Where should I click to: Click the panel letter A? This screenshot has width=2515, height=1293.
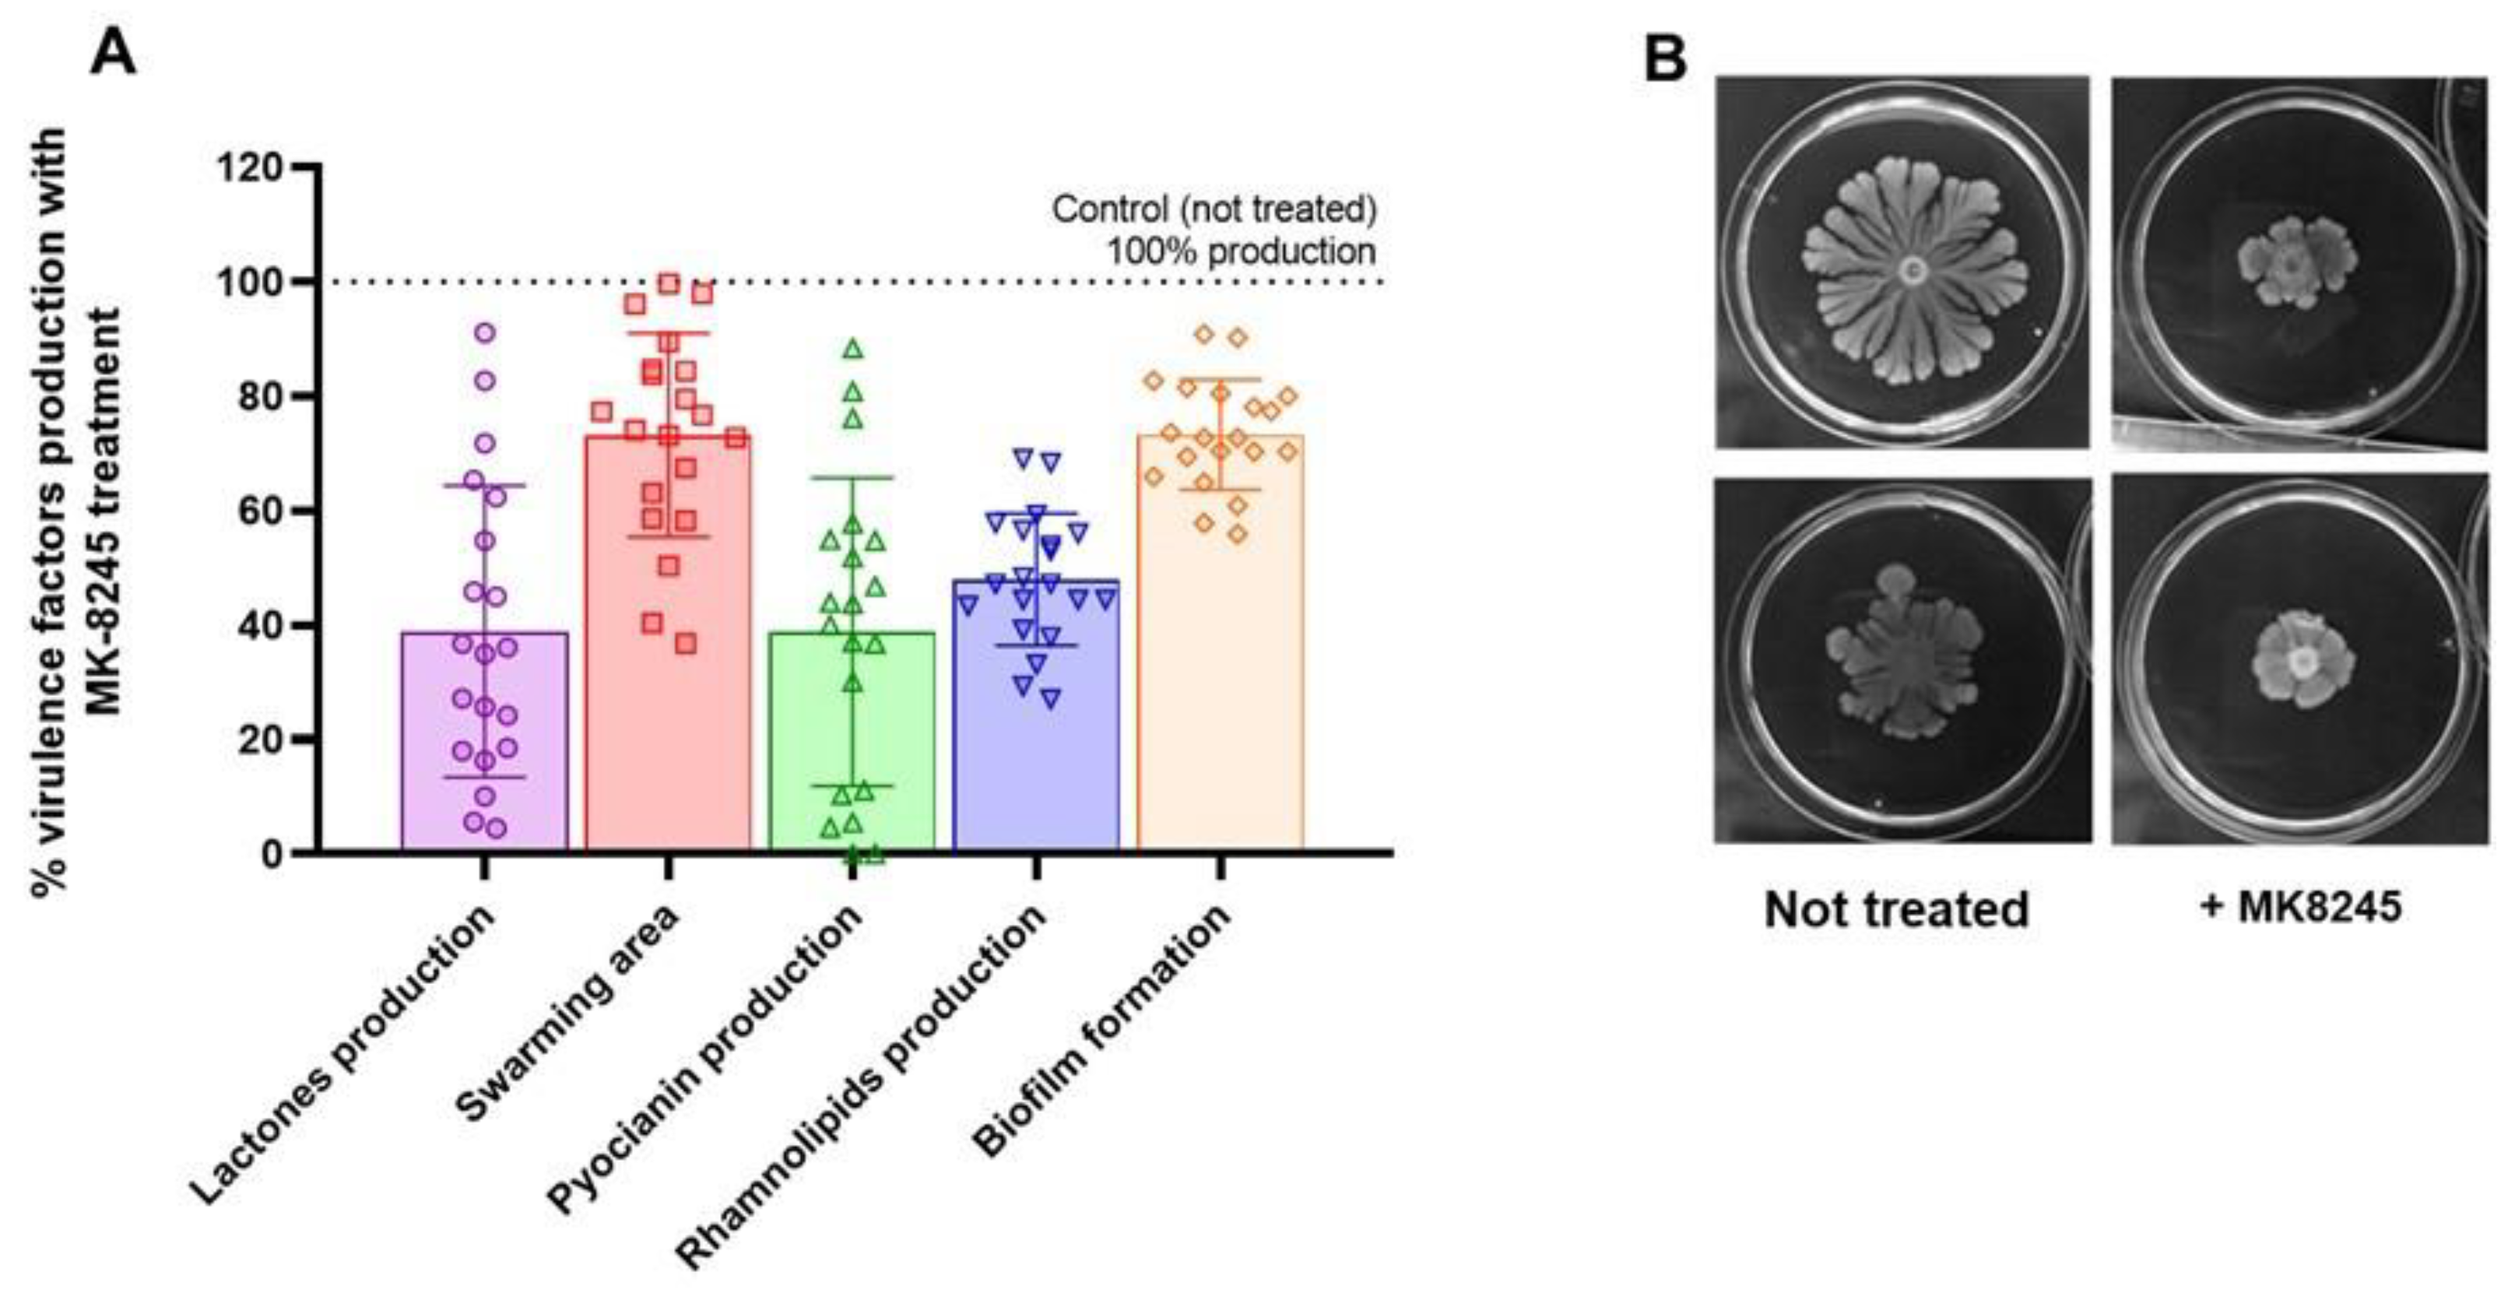112,53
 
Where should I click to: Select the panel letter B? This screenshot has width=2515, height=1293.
1665,58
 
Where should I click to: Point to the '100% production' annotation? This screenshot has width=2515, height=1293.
1240,252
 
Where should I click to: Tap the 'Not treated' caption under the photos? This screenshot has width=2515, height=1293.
1896,909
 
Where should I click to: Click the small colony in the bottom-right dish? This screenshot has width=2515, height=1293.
2301,660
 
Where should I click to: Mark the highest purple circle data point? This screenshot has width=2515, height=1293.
484,333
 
